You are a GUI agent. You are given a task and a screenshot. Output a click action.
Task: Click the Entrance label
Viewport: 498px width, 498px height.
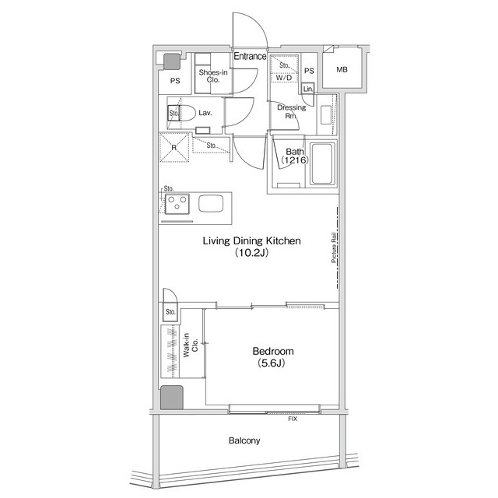click(250, 57)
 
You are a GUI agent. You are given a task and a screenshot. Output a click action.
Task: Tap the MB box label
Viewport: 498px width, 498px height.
click(342, 70)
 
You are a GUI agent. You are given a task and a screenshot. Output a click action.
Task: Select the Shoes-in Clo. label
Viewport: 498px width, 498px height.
click(212, 76)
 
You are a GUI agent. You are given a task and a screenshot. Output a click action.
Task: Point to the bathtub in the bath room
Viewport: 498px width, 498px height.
click(322, 164)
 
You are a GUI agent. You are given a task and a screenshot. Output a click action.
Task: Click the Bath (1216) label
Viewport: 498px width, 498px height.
click(295, 156)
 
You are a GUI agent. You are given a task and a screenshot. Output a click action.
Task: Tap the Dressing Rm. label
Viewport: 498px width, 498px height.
click(293, 111)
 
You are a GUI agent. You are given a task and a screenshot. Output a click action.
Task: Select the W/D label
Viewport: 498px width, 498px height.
click(283, 78)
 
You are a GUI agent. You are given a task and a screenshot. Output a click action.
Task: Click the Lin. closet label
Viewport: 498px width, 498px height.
click(308, 89)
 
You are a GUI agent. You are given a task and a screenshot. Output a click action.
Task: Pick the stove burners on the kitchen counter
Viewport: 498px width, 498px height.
click(177, 204)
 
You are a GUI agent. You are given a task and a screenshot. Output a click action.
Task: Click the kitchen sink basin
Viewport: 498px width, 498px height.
click(211, 204)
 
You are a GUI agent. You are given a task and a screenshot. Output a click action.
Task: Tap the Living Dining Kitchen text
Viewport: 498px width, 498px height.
click(251, 241)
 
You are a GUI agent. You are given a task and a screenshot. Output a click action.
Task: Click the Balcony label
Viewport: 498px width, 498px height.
click(244, 440)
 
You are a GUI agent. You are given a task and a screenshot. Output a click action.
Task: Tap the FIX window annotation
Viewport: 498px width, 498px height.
click(293, 419)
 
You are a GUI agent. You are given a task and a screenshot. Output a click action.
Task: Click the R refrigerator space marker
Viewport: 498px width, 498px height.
click(174, 146)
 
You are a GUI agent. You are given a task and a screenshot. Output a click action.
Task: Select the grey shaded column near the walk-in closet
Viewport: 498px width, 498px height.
click(170, 398)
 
